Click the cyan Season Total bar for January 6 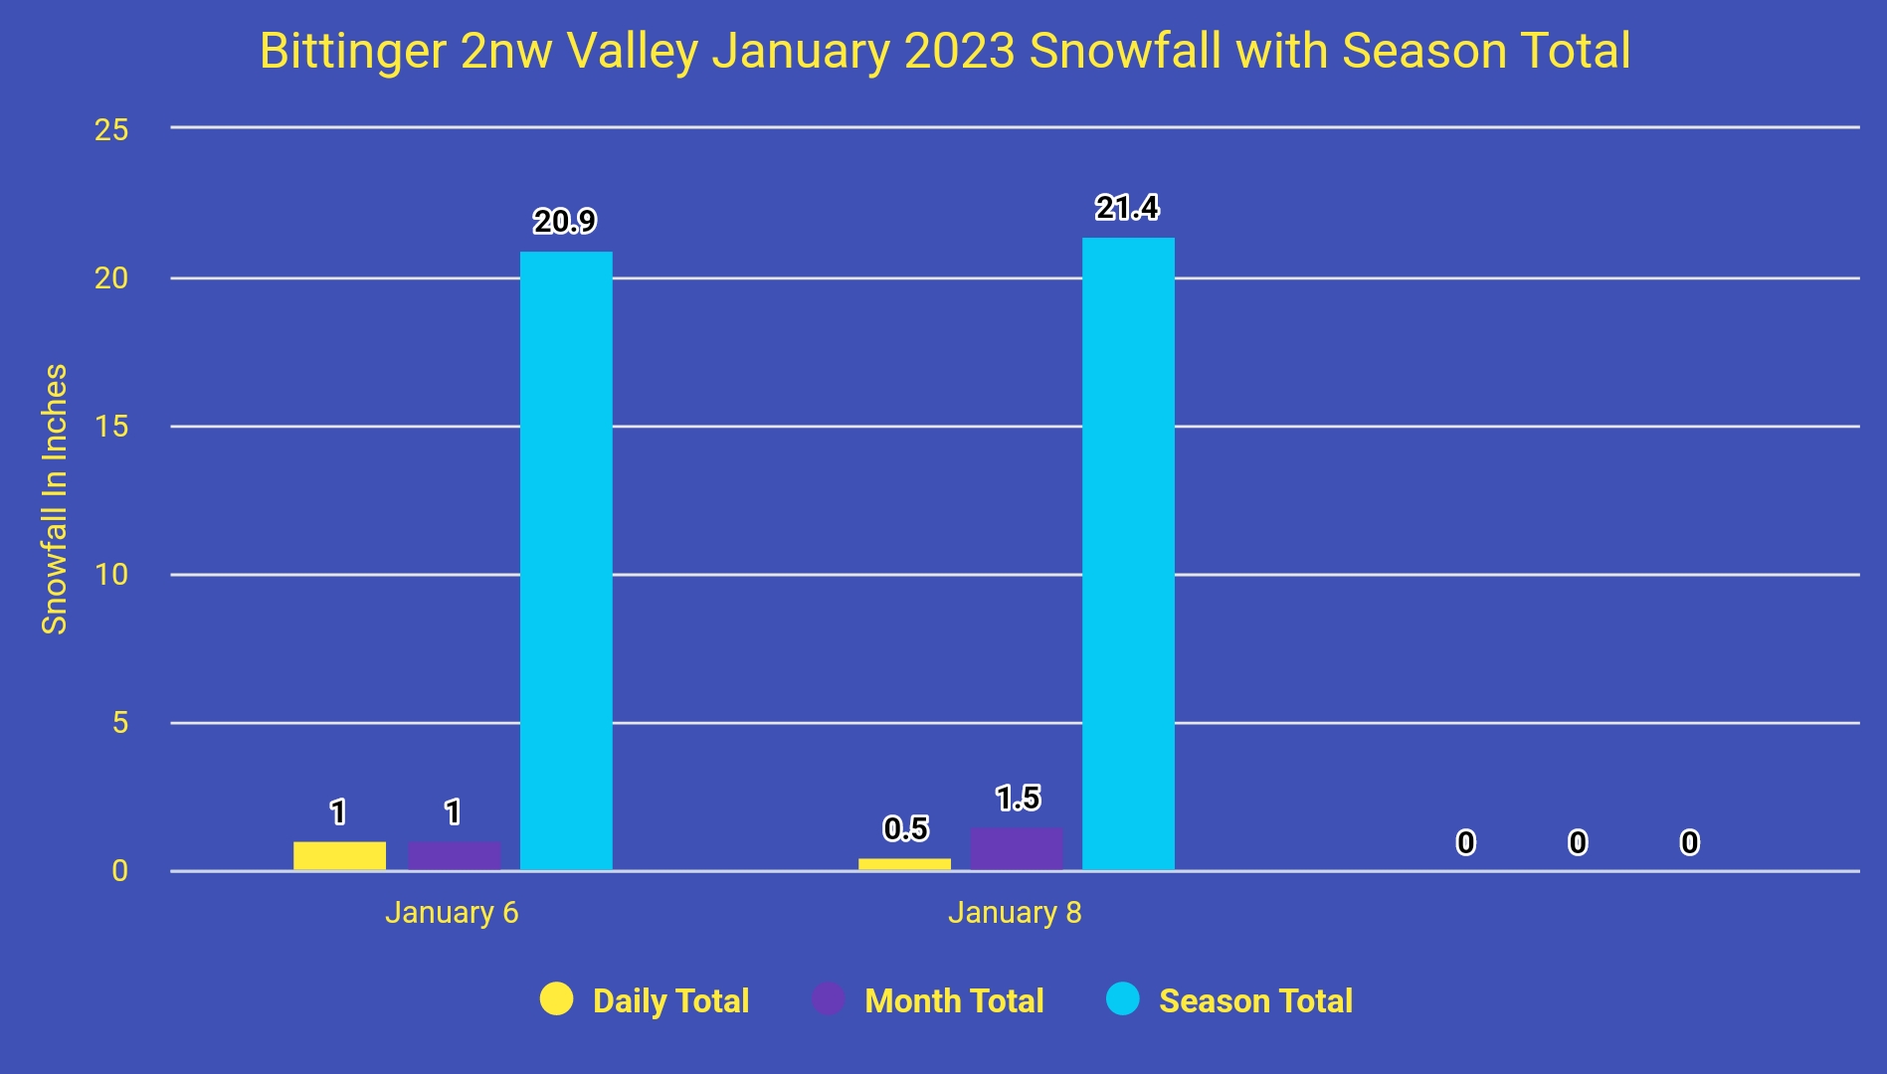tap(566, 561)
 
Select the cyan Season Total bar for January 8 tap(1128, 554)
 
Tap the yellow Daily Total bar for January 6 tap(339, 856)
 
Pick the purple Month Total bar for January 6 tap(454, 856)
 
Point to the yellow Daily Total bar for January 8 tap(904, 864)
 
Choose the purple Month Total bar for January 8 tap(1017, 849)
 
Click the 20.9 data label tap(565, 221)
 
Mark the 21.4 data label tap(1127, 207)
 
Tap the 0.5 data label tap(905, 828)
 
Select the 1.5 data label tap(1018, 798)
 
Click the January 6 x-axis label tap(452, 912)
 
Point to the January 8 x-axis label tap(1015, 912)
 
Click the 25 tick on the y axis tap(111, 129)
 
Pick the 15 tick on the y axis tap(111, 427)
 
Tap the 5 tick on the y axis tap(120, 723)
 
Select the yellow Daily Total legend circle tap(557, 999)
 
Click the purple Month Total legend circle tap(829, 999)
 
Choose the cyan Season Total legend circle tap(1123, 999)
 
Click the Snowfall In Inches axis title tap(54, 499)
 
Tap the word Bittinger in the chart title tap(353, 51)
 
